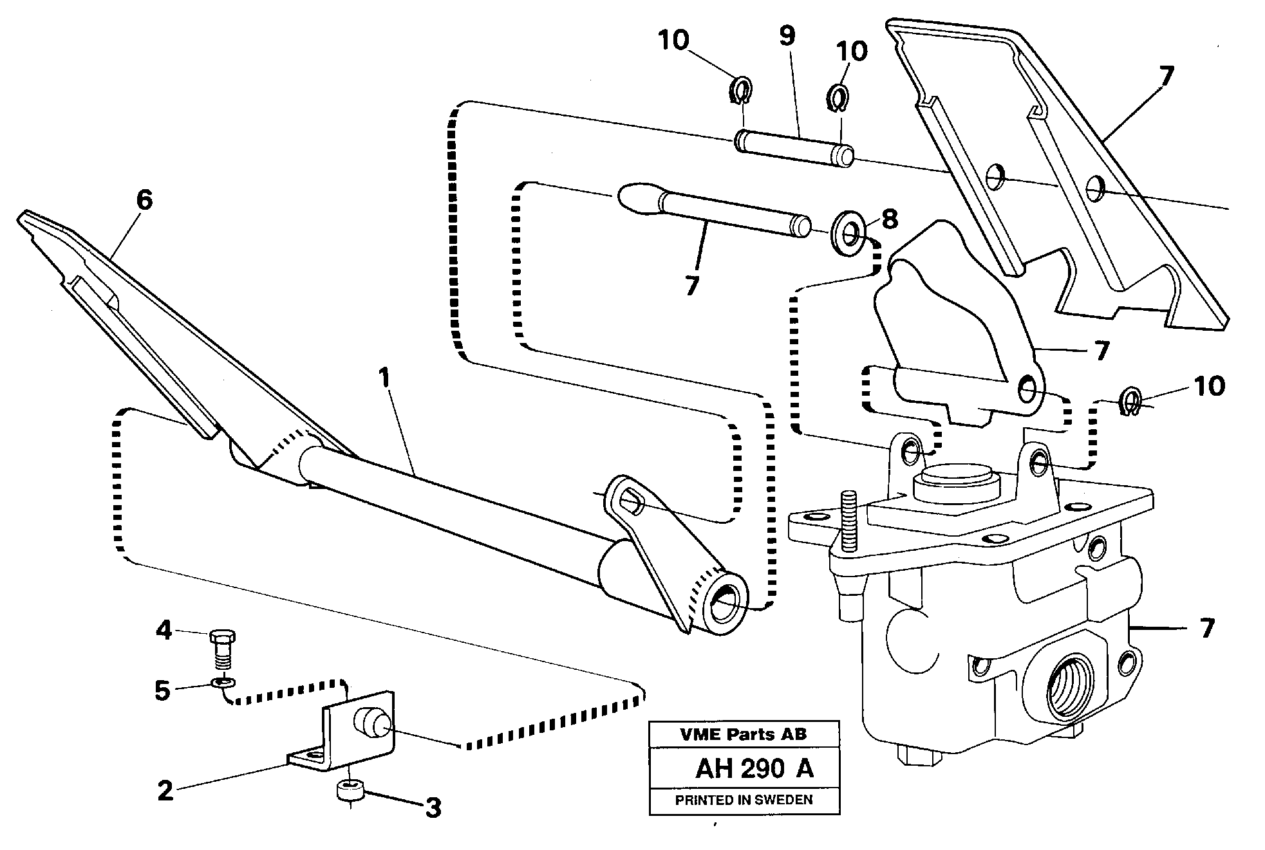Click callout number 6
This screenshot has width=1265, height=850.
[x=144, y=200]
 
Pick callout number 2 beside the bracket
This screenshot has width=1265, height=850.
[x=165, y=790]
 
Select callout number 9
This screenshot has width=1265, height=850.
[x=787, y=37]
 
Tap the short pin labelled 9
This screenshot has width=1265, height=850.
[x=794, y=148]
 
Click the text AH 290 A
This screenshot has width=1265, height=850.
[x=754, y=769]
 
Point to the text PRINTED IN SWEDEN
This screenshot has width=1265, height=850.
[x=744, y=800]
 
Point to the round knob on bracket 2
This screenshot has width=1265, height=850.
[x=368, y=723]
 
